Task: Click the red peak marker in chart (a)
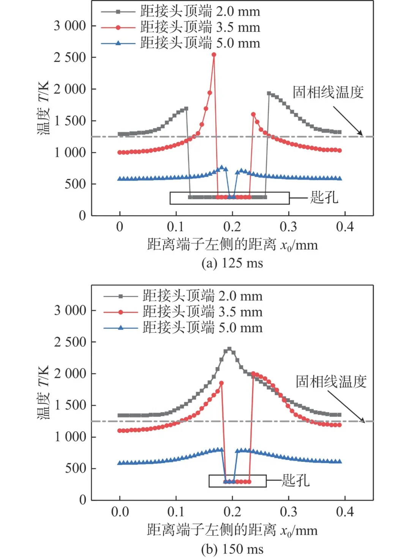point(214,55)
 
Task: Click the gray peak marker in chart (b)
point(229,349)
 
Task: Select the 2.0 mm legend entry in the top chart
point(181,11)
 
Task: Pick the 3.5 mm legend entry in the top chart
point(181,27)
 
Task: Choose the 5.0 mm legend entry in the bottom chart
point(183,328)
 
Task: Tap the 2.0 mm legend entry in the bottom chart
point(183,296)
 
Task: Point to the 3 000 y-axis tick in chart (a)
point(70,26)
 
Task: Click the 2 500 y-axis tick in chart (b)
point(70,342)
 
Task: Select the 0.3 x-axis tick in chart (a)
point(289,227)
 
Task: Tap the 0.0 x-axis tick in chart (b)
point(120,512)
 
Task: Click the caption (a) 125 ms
point(232,263)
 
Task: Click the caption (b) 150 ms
point(232,549)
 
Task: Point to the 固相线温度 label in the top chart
point(328,92)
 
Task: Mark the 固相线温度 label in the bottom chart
point(331,381)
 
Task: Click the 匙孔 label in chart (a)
point(324,198)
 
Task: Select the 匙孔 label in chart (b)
point(295,480)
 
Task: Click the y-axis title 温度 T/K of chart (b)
point(43,392)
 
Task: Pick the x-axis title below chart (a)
point(232,245)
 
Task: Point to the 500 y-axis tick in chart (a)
point(75,184)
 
